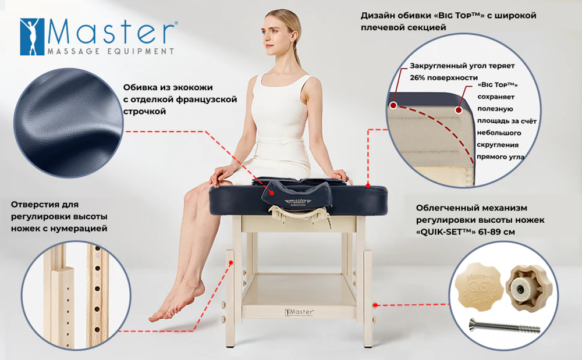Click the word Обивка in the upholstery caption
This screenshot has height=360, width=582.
139,87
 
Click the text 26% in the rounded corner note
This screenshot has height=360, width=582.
418,77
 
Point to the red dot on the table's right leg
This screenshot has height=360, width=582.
376,304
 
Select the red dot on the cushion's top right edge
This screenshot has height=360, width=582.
368,185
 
